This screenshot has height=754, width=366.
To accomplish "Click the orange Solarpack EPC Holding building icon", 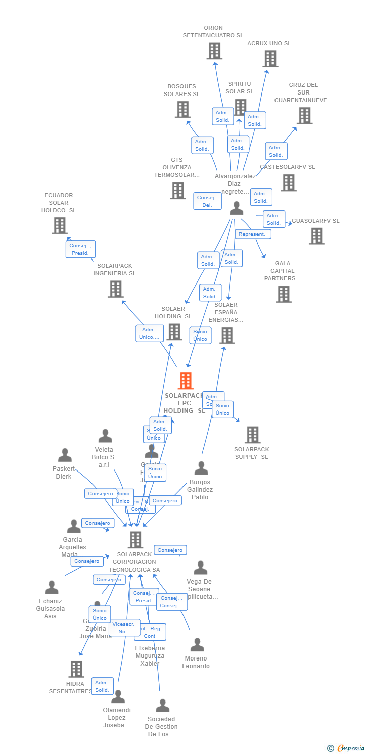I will [186, 381].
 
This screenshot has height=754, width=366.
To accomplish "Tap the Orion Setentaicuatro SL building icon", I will [214, 51].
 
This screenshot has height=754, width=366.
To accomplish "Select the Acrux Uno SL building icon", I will [270, 59].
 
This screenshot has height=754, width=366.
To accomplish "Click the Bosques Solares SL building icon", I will [182, 109].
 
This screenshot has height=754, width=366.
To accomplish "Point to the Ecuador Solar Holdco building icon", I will [60, 225].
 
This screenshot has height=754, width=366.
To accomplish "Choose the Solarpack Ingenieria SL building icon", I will [115, 289].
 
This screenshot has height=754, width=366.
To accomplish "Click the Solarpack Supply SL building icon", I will [252, 435].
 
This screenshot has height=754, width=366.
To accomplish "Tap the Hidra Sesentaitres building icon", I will [76, 669].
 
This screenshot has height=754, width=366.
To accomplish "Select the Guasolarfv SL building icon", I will [316, 236].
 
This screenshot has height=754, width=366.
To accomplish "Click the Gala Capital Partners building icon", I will [284, 294].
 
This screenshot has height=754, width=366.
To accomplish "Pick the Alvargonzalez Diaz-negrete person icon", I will [236, 208].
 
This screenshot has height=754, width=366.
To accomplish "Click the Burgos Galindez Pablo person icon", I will [201, 468].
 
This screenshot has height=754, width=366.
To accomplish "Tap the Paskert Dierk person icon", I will [65, 455].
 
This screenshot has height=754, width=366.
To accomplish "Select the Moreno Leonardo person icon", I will [197, 644].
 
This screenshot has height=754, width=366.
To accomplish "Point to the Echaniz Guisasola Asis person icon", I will [51, 587].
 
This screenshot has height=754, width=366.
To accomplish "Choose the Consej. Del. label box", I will [207, 201].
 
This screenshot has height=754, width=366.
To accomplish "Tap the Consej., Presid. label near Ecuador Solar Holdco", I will [80, 249].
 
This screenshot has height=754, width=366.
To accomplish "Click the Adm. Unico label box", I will [149, 333].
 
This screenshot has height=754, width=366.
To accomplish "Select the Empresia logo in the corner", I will [347, 748].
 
